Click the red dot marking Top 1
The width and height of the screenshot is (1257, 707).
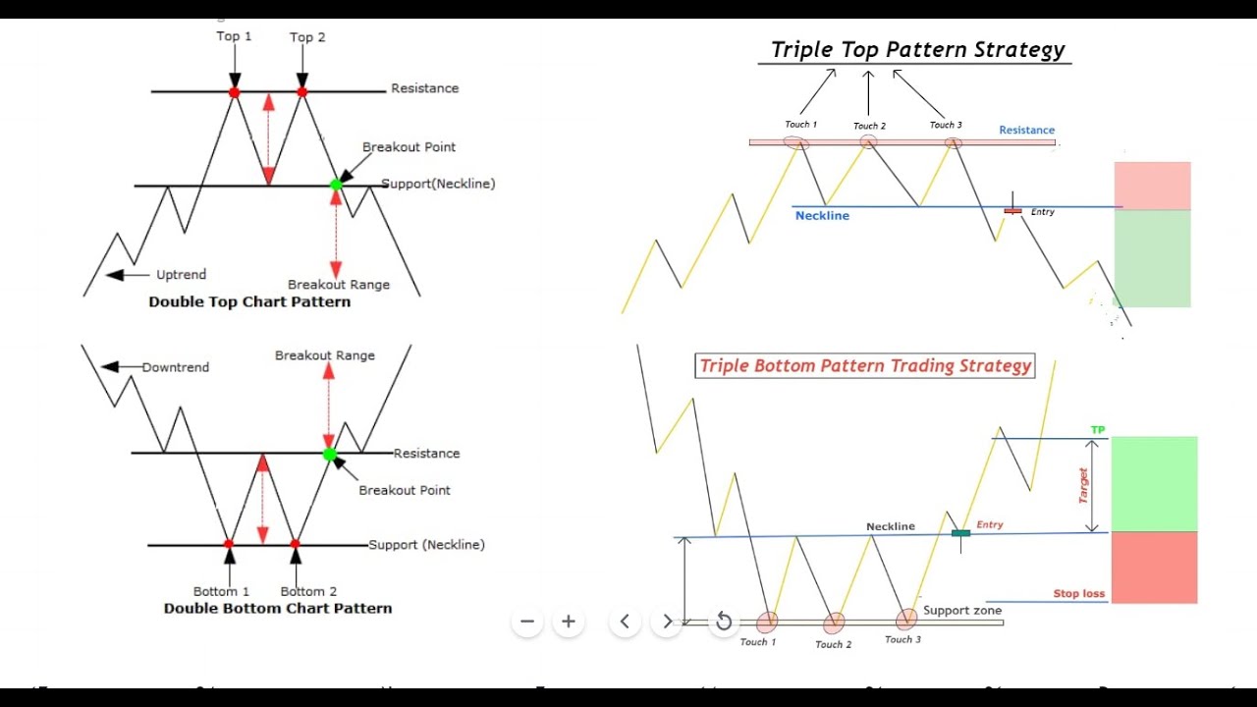[234, 92]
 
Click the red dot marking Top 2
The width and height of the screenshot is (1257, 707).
[301, 92]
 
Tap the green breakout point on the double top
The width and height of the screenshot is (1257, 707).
[336, 185]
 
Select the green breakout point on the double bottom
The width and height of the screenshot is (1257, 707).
[330, 454]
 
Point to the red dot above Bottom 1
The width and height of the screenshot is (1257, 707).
[229, 543]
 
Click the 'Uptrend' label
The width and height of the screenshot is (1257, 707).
[181, 275]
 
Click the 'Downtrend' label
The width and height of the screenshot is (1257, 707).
[176, 367]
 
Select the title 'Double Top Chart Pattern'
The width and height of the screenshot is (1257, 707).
[249, 301]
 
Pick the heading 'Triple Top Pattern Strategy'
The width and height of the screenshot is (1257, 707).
[917, 50]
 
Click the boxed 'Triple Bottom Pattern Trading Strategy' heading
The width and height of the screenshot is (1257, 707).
[865, 366]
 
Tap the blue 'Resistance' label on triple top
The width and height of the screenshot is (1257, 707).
[1026, 130]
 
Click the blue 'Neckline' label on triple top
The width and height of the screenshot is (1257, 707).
[822, 216]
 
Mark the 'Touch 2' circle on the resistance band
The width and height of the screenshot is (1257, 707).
[869, 141]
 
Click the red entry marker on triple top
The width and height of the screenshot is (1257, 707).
[1012, 210]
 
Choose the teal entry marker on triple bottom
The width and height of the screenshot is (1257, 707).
[960, 533]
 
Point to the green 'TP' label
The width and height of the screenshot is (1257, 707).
[1098, 430]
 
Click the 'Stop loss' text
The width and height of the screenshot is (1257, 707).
[1078, 593]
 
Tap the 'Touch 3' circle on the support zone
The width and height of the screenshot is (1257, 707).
[906, 619]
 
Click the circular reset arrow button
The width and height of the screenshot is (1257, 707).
[724, 621]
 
